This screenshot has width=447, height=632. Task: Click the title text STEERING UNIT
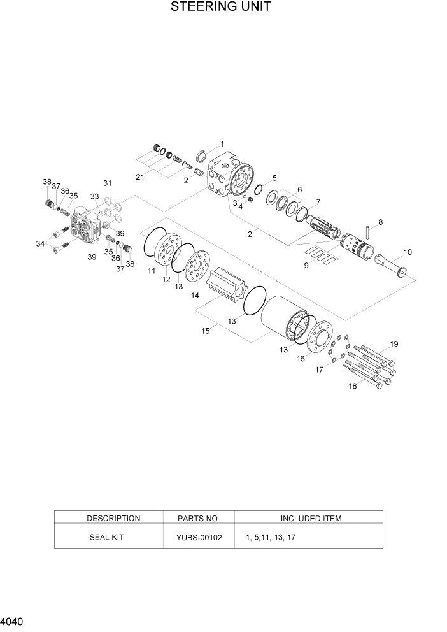pyautogui.click(x=220, y=8)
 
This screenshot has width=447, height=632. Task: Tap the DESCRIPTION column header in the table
pyautogui.click(x=113, y=518)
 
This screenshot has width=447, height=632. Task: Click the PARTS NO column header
pyautogui.click(x=199, y=518)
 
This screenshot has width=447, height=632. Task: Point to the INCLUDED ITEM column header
pyautogui.click(x=311, y=518)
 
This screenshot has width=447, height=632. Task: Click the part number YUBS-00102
pyautogui.click(x=199, y=537)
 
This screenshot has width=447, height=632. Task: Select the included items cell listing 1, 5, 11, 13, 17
pyautogui.click(x=270, y=537)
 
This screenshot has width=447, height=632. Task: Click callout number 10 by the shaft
pyautogui.click(x=408, y=252)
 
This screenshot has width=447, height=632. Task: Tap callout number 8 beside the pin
pyautogui.click(x=380, y=222)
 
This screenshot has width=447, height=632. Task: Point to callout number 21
pyautogui.click(x=139, y=176)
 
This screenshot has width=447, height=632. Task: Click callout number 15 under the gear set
pyautogui.click(x=206, y=331)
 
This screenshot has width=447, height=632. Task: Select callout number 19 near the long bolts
pyautogui.click(x=394, y=344)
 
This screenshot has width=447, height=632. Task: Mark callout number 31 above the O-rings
pyautogui.click(x=107, y=183)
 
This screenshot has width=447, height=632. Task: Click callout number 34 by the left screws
pyautogui.click(x=41, y=243)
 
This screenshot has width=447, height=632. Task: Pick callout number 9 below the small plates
pyautogui.click(x=306, y=265)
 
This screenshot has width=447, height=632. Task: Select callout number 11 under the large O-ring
pyautogui.click(x=152, y=271)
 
